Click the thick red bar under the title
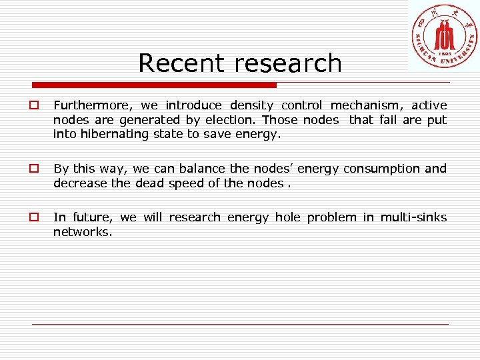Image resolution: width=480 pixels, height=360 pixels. pyautogui.click(x=154, y=85)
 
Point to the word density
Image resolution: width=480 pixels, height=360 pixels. pyautogui.click(x=252, y=105)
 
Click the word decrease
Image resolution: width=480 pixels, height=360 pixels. pyautogui.click(x=80, y=183)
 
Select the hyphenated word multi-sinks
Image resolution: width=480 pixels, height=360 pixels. pyautogui.click(x=413, y=217)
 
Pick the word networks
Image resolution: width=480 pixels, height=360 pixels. pyautogui.click(x=81, y=231)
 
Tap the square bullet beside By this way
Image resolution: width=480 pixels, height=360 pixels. pyautogui.click(x=32, y=169)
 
